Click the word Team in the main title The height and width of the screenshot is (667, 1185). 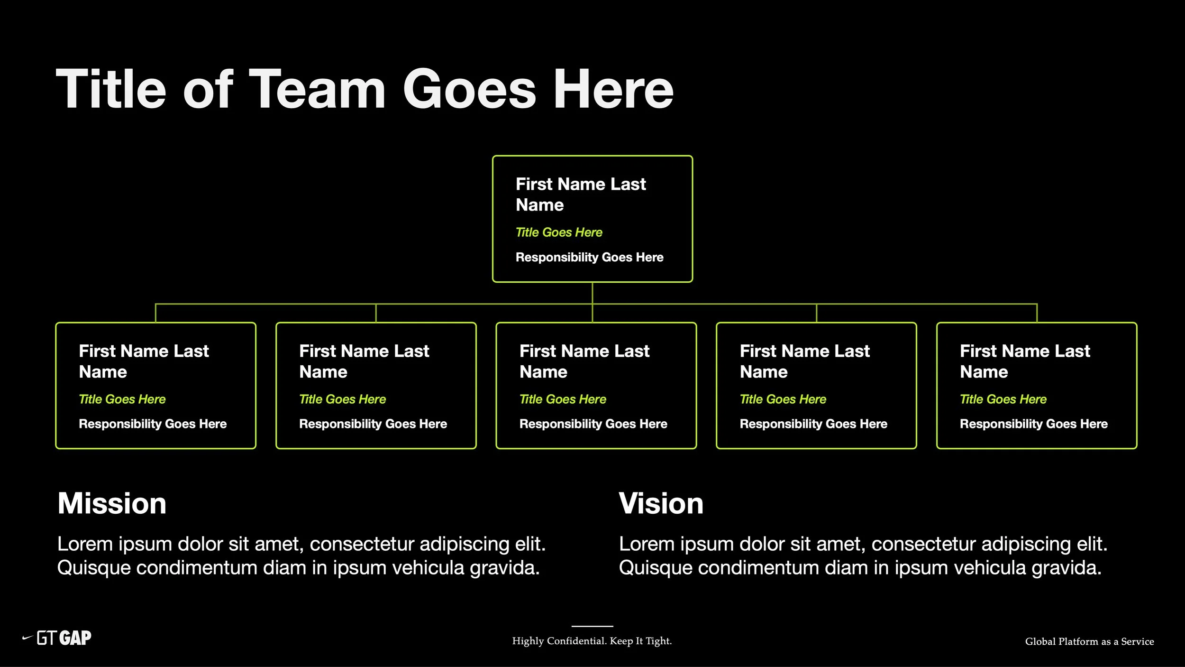[317, 89]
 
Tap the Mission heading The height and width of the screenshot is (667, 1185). [112, 503]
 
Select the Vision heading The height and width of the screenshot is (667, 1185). [661, 503]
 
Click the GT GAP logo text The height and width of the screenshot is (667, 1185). [64, 638]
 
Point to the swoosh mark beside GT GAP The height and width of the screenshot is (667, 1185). [27, 638]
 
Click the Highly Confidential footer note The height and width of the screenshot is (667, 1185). [592, 641]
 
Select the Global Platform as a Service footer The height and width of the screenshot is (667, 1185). [1089, 641]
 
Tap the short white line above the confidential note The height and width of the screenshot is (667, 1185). [592, 626]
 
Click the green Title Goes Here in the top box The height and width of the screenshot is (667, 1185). [559, 232]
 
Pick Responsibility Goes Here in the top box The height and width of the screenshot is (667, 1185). [589, 257]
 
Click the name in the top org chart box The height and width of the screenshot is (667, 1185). [580, 194]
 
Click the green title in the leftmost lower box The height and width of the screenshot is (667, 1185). [122, 399]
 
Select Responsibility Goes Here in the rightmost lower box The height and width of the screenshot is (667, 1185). [1033, 424]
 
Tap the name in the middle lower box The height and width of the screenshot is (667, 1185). [584, 361]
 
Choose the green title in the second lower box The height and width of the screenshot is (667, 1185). [342, 399]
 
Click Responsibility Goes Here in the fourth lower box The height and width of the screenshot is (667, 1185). [813, 424]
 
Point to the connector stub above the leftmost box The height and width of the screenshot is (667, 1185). [155, 313]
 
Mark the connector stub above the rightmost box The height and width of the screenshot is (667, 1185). [1037, 313]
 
